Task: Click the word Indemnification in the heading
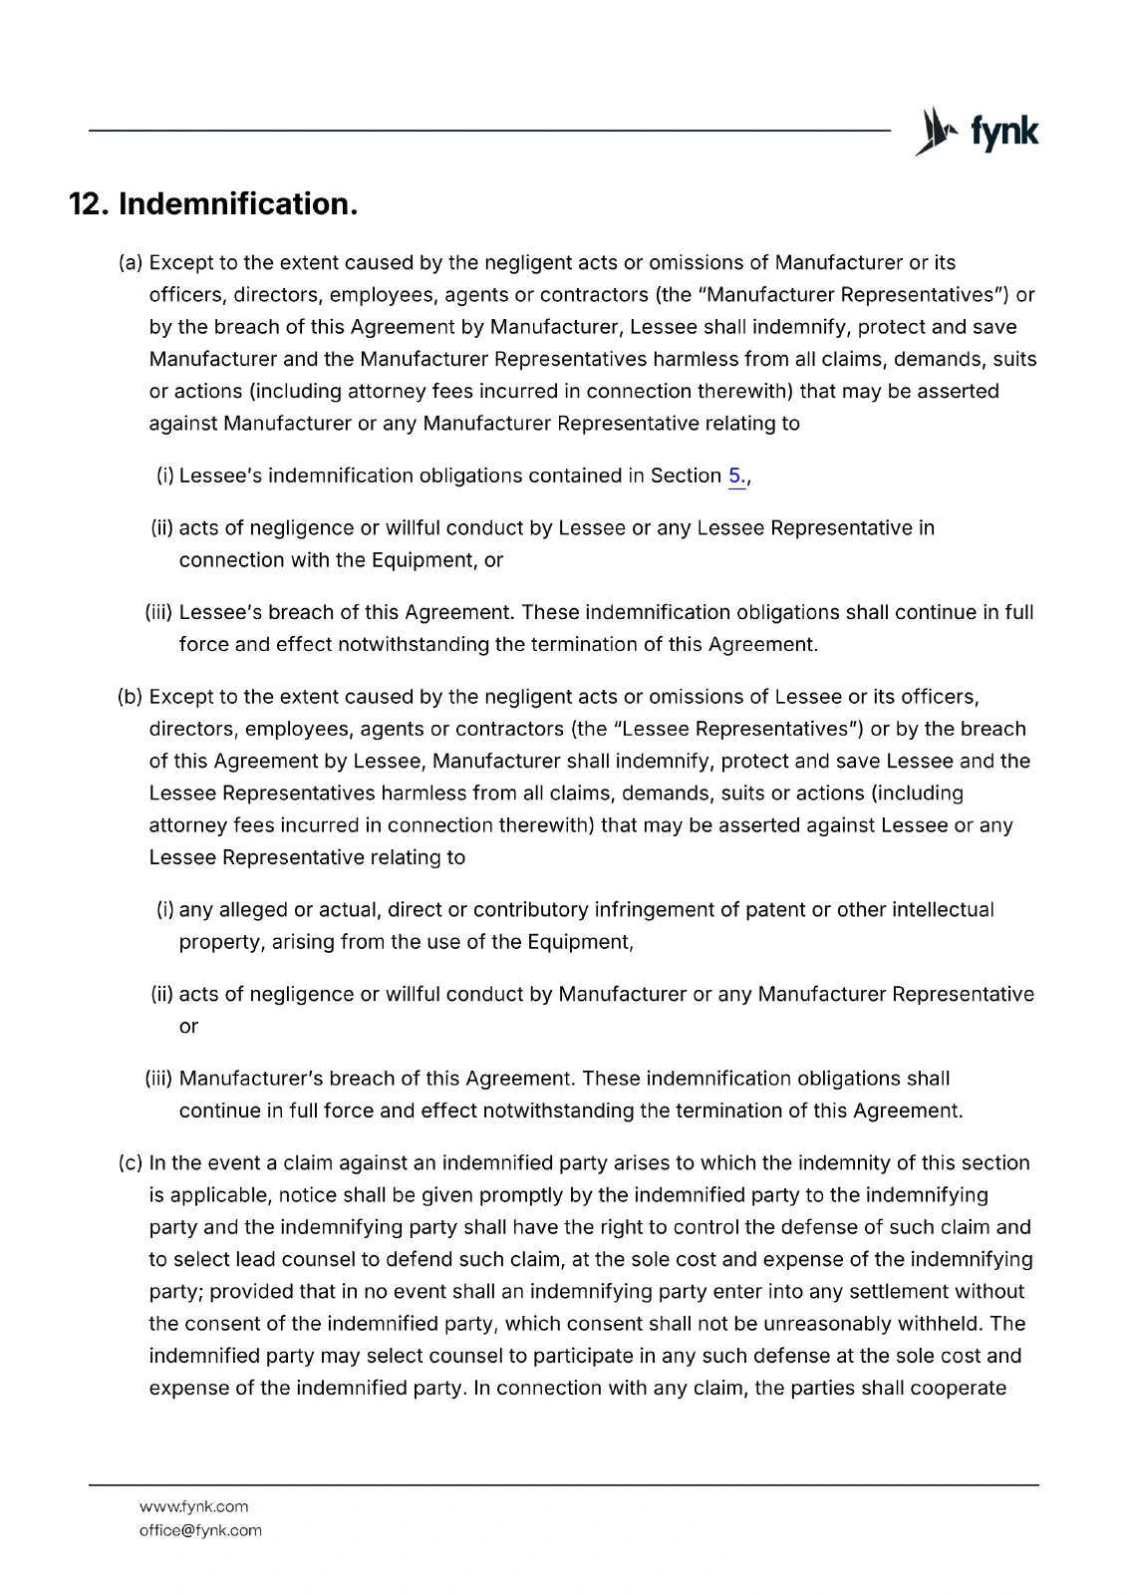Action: pyautogui.click(x=237, y=204)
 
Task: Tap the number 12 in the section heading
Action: pyautogui.click(x=87, y=204)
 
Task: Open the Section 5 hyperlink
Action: pyautogui.click(x=736, y=477)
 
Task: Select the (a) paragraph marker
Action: pyautogui.click(x=131, y=263)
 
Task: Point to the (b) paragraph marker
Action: pyautogui.click(x=131, y=697)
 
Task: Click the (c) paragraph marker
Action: pyautogui.click(x=131, y=1163)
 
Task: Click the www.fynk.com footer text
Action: pyautogui.click(x=193, y=1506)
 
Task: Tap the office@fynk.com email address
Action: pyautogui.click(x=200, y=1530)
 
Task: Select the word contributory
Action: pyautogui.click(x=530, y=910)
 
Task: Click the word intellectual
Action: pyautogui.click(x=943, y=910)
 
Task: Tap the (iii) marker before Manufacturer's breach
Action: pyautogui.click(x=159, y=1079)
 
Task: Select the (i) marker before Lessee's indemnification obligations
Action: pyautogui.click(x=165, y=477)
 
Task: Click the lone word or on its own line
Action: pyautogui.click(x=188, y=1027)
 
